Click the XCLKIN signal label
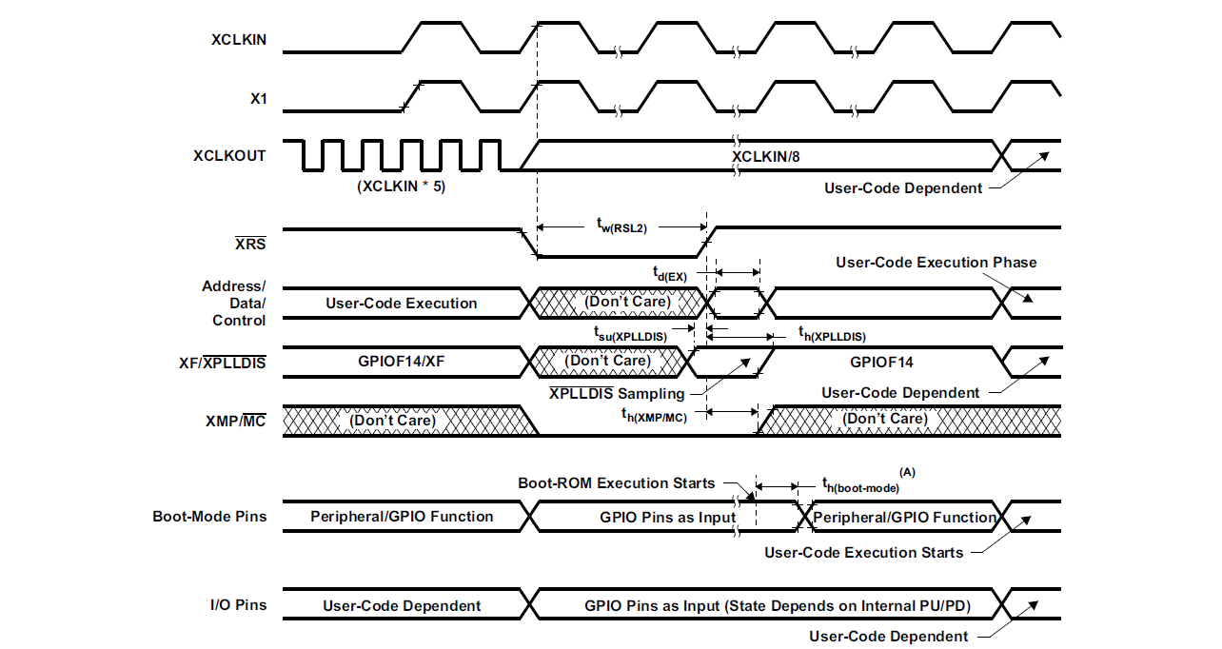click(238, 40)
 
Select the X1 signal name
click(258, 98)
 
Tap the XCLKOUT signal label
click(229, 155)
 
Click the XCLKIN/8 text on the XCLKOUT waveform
click(772, 155)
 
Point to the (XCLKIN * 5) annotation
click(401, 187)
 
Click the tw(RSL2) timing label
click(622, 226)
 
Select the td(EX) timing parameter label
click(669, 275)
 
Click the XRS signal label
click(250, 244)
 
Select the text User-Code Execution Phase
click(936, 263)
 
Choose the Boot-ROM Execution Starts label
click(616, 483)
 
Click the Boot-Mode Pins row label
click(209, 517)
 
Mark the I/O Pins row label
click(238, 604)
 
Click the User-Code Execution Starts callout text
click(863, 552)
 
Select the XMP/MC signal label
click(235, 421)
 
